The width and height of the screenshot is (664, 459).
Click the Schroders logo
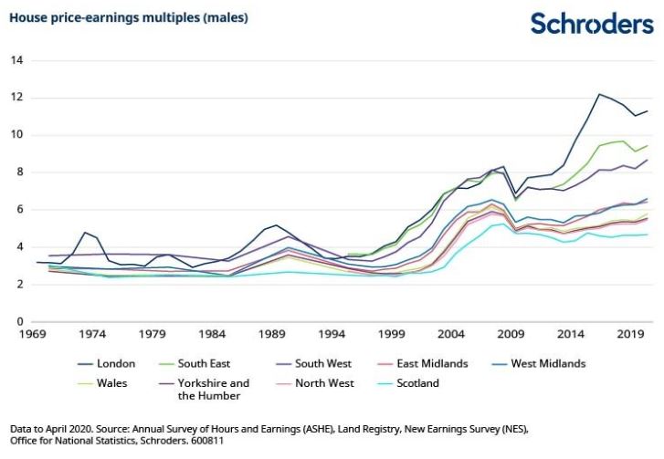coord(592,23)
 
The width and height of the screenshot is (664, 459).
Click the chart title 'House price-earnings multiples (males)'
coord(129,17)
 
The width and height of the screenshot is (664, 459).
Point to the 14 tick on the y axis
coord(17,60)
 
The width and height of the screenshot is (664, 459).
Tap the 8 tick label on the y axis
coord(20,172)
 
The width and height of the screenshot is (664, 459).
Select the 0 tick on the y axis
coord(20,321)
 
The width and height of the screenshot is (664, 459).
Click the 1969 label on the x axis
coord(32,334)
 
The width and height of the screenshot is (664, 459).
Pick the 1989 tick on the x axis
coord(272,334)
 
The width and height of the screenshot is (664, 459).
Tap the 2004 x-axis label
coord(451,334)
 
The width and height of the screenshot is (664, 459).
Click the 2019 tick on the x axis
coord(630,334)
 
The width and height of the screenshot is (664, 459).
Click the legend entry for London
coord(106,364)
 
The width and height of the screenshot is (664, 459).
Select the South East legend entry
coord(195,364)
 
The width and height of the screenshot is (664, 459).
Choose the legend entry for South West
coord(313,364)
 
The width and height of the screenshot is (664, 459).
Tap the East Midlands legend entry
coord(422,364)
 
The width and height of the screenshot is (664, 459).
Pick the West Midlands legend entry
coord(539,364)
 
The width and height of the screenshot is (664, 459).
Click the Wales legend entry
coord(102,383)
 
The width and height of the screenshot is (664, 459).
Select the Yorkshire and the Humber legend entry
coord(204,390)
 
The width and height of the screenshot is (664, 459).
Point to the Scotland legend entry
coord(407,383)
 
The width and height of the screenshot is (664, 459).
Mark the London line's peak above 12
coord(599,94)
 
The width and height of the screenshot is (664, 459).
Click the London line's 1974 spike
coord(85,233)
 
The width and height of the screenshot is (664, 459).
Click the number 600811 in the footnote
coord(207,441)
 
